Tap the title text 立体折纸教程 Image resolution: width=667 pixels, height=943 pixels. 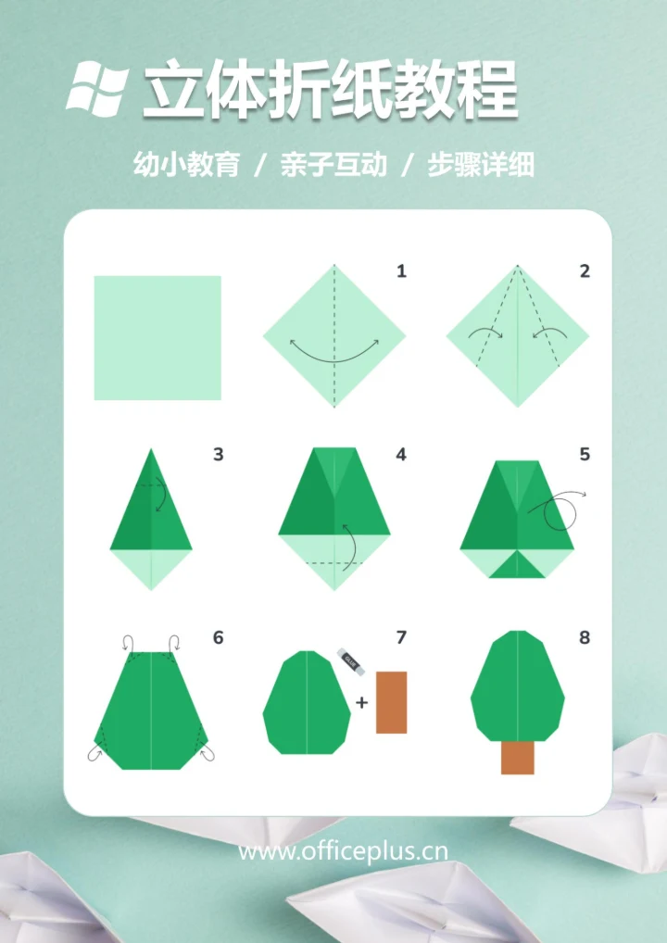pyautogui.click(x=330, y=90)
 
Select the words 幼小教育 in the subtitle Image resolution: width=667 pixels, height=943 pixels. pyautogui.click(x=186, y=166)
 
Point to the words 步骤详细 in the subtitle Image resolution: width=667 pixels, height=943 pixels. pyautogui.click(x=480, y=166)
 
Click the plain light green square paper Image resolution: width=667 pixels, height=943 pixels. pyautogui.click(x=157, y=337)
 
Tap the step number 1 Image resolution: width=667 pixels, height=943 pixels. pyautogui.click(x=401, y=271)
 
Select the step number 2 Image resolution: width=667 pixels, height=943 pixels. pyautogui.click(x=585, y=271)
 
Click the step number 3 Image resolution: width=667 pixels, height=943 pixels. pyautogui.click(x=218, y=455)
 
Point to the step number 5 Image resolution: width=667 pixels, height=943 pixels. pyautogui.click(x=585, y=455)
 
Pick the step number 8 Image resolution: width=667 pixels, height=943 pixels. pyautogui.click(x=585, y=637)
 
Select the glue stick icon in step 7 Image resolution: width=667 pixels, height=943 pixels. pyautogui.click(x=351, y=660)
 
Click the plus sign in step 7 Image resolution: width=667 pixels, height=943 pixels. pyautogui.click(x=361, y=702)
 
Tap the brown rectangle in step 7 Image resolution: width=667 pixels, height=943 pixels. pyautogui.click(x=391, y=702)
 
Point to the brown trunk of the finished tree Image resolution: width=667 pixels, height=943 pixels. pyautogui.click(x=517, y=757)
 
